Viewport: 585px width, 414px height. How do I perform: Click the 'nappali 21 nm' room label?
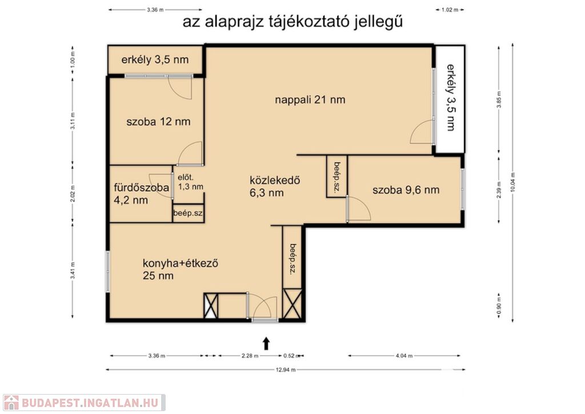pyautogui.click(x=310, y=100)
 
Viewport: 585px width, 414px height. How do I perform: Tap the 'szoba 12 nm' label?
pyautogui.click(x=158, y=122)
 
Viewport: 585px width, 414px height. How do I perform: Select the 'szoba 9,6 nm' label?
pyautogui.click(x=406, y=190)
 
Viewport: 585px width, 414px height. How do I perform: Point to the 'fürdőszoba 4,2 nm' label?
pyautogui.click(x=142, y=194)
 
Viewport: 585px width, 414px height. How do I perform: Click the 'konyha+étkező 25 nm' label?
pyautogui.click(x=180, y=270)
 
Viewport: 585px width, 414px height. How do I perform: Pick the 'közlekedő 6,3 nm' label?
pyautogui.click(x=275, y=186)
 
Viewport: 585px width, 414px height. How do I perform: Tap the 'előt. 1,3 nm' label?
pyautogui.click(x=190, y=182)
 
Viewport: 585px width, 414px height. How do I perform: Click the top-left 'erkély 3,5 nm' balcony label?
pyautogui.click(x=155, y=60)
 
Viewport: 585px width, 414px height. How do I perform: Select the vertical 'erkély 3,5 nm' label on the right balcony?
pyautogui.click(x=451, y=97)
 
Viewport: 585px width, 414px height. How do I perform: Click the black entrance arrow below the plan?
pyautogui.click(x=266, y=344)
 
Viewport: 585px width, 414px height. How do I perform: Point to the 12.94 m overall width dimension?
pyautogui.click(x=286, y=369)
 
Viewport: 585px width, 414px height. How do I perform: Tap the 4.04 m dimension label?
pyautogui.click(x=404, y=356)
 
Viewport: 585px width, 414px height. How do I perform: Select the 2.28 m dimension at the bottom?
pyautogui.click(x=250, y=356)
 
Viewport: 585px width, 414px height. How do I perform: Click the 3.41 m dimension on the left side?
pyautogui.click(x=73, y=271)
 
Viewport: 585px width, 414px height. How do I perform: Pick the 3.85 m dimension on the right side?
pyautogui.click(x=499, y=100)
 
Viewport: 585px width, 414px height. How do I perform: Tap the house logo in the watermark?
pyautogui.click(x=11, y=403)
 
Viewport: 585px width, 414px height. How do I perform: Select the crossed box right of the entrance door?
pyautogui.click(x=292, y=304)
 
